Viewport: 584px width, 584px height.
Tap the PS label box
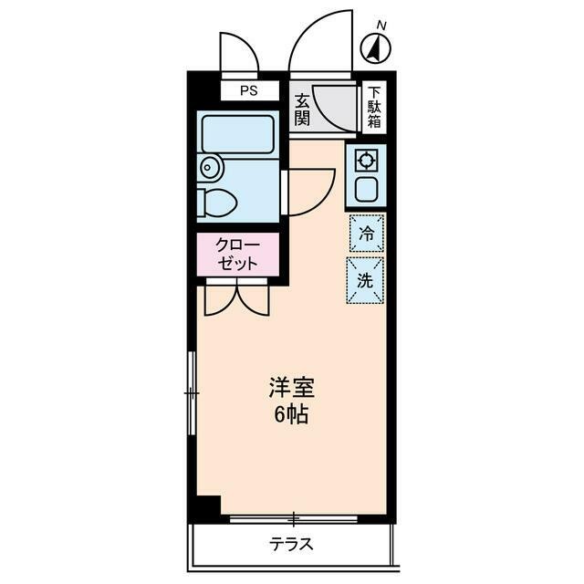[248, 90]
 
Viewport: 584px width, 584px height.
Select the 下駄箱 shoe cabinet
[374, 108]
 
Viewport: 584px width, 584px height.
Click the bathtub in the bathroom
[237, 135]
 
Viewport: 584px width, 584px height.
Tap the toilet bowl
[217, 202]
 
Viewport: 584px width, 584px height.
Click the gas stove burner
[366, 161]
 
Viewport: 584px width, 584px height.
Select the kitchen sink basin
[366, 190]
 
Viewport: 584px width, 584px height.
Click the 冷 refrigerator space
[366, 234]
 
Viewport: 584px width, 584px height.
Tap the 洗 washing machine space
[365, 280]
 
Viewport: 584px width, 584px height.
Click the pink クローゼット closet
[235, 254]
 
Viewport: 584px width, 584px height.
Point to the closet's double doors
[236, 298]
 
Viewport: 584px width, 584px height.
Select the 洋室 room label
[291, 388]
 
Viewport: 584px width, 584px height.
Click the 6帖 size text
[291, 415]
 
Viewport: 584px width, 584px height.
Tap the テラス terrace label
[291, 545]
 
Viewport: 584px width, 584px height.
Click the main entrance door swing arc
[319, 41]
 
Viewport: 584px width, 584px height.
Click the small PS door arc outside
[240, 53]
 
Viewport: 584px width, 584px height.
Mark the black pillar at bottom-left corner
[208, 506]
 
